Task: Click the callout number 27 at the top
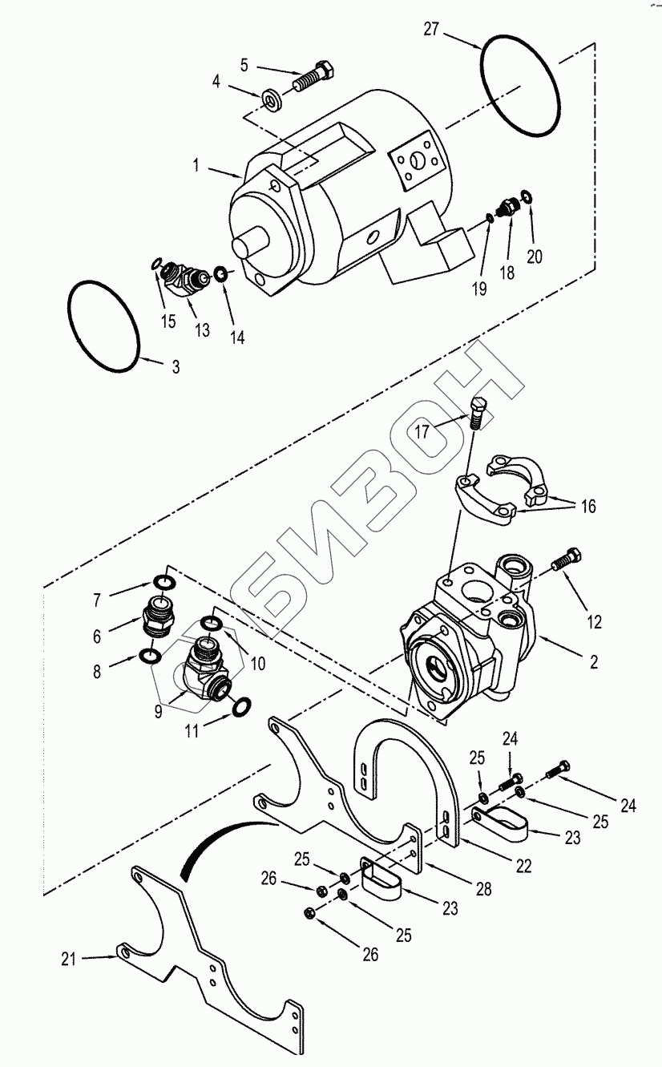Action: (x=430, y=30)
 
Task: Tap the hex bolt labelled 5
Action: (x=313, y=77)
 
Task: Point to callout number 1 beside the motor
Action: (x=196, y=165)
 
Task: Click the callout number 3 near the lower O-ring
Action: (x=176, y=367)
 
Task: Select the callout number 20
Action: (x=535, y=257)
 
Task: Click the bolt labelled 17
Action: (x=478, y=413)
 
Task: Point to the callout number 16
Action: (x=588, y=506)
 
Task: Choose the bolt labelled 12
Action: (x=567, y=559)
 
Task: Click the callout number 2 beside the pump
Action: (x=593, y=662)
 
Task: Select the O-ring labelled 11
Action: (x=242, y=707)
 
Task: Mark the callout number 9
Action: (x=158, y=711)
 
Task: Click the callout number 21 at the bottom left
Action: (x=69, y=959)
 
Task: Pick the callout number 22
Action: (x=523, y=866)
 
